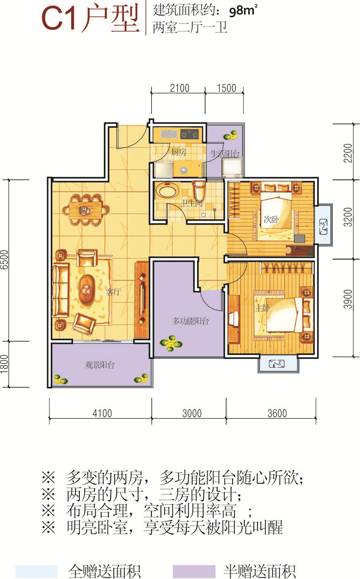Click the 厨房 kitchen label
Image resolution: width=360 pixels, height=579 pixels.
tap(179, 152)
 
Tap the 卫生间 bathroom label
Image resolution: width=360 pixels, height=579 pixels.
tap(192, 203)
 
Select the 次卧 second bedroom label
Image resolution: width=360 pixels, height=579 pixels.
tap(271, 219)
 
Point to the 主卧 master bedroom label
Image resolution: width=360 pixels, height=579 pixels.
tap(262, 308)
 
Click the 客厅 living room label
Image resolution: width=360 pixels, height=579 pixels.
tap(113, 292)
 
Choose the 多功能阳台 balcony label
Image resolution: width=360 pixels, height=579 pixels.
tap(190, 321)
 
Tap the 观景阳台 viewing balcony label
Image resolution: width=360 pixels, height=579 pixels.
tap(100, 365)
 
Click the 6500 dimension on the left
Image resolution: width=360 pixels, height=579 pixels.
tap(5, 260)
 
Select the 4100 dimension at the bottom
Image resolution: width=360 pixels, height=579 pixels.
tap(102, 413)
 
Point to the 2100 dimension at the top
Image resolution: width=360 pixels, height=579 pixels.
tap(180, 88)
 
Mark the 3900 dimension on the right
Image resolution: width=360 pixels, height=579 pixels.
tap(348, 299)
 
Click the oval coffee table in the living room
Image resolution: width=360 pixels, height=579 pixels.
tap(87, 289)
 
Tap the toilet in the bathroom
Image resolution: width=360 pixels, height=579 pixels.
tap(199, 190)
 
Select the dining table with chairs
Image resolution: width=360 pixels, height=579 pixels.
tap(86, 210)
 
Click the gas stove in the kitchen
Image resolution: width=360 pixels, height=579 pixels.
tap(190, 134)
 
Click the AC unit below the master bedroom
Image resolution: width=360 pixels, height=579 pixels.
tap(277, 364)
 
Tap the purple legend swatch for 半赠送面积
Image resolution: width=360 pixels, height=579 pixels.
tap(194, 571)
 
